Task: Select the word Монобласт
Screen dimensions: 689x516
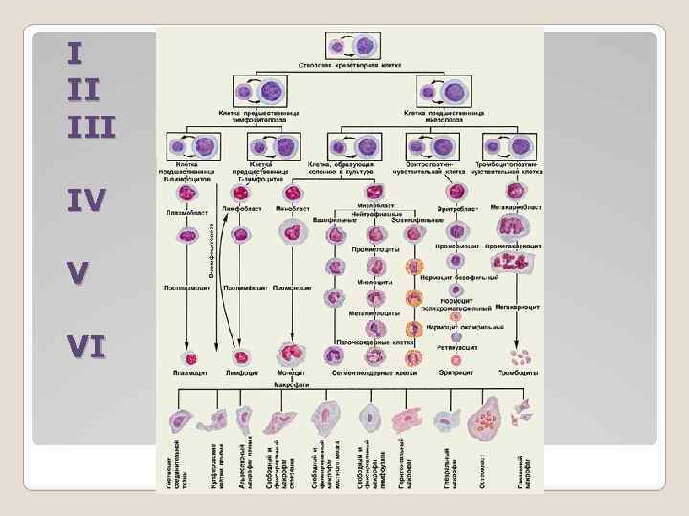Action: coord(292,208)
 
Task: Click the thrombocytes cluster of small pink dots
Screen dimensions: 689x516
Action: coord(521,357)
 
